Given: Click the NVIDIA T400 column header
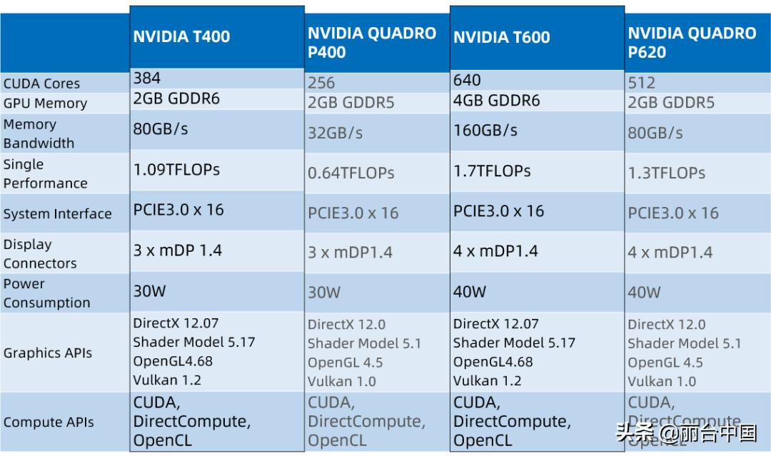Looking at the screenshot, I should pos(181,36).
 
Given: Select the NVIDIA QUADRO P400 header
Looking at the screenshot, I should pos(371,43).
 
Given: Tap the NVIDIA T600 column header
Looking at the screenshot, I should pos(501,37).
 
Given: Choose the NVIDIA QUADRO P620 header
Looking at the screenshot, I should pos(691,43).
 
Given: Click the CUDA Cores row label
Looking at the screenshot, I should pos(41,83).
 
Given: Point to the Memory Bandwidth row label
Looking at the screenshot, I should pos(39,133).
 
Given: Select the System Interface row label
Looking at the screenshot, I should pos(57,214).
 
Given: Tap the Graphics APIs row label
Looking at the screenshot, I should pos(47,353).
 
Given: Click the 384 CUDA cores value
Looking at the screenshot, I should pos(147,78).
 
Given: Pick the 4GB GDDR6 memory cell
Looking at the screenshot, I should pos(496,100).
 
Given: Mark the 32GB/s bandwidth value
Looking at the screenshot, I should pos(335,133).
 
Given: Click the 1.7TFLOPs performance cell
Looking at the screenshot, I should pos(492,171).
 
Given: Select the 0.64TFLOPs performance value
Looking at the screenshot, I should pos(351,173).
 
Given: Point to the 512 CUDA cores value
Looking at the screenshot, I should pos(642,83).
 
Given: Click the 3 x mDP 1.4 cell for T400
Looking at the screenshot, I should pos(178,250).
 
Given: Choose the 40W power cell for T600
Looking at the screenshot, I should pos(469,291).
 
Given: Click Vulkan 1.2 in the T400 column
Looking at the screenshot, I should pos(167,380).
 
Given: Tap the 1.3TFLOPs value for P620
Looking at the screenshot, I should pos(666,173).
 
